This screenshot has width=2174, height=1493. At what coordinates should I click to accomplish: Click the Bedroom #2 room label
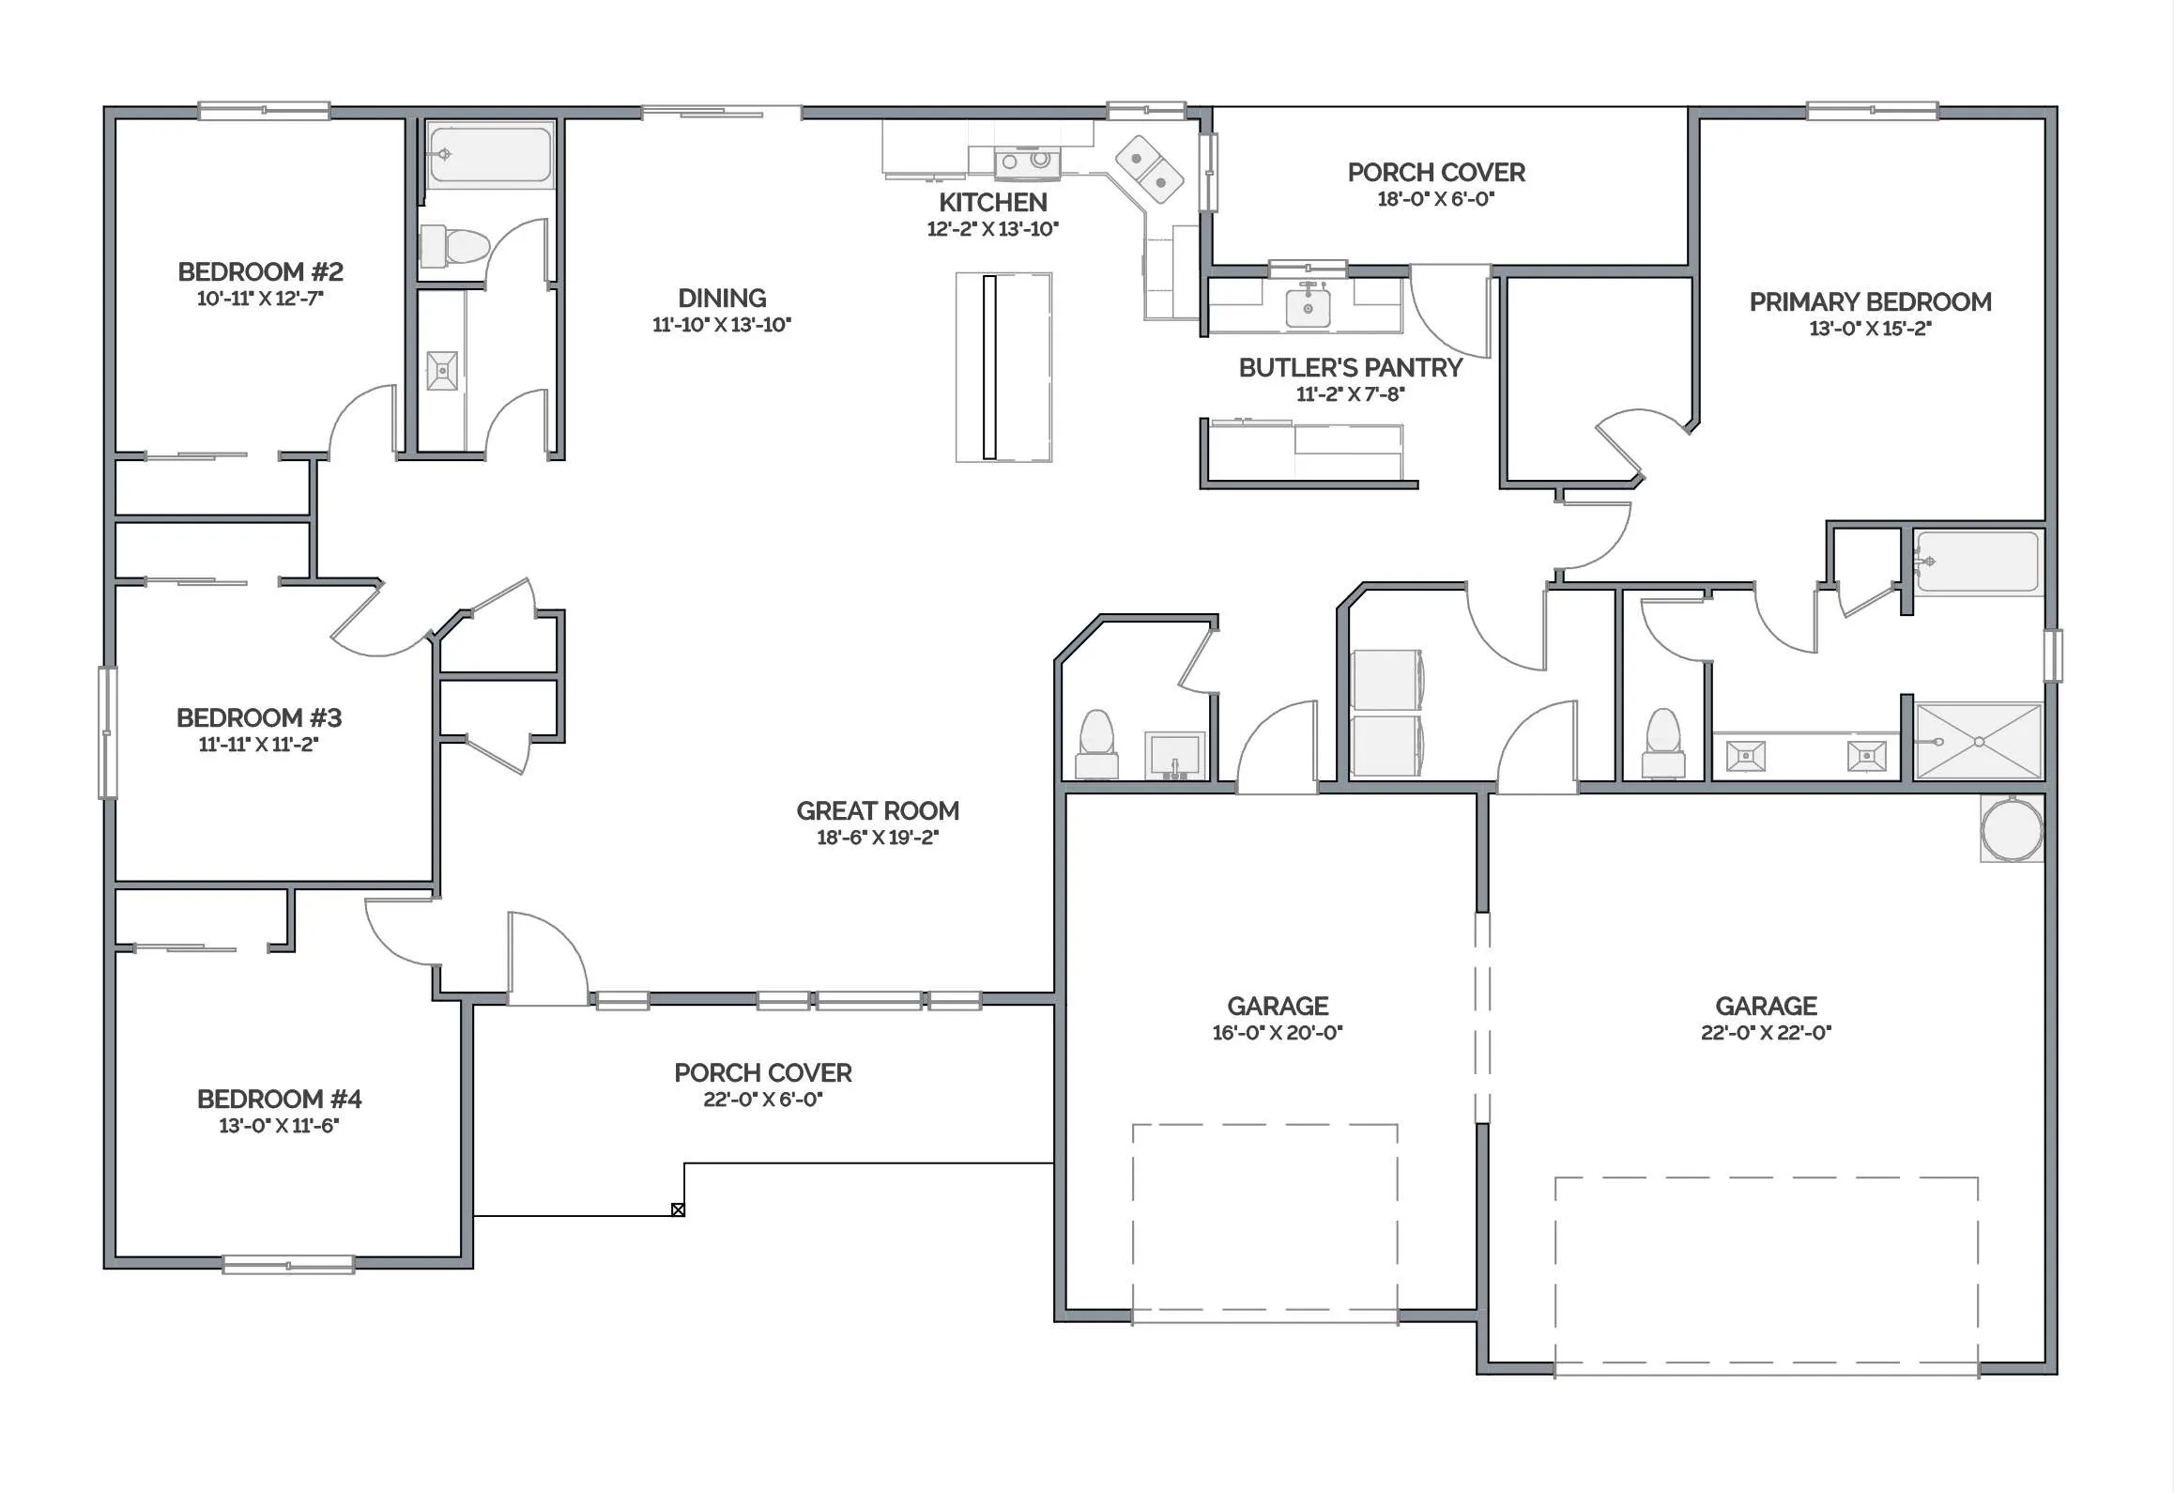point(260,272)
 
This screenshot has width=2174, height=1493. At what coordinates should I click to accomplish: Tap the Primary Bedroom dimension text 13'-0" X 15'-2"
point(1870,329)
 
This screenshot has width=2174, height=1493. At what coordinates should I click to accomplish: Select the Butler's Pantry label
point(1350,368)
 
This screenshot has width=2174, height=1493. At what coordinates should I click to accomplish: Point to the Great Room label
point(878,811)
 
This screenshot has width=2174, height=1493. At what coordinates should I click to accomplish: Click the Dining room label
point(722,299)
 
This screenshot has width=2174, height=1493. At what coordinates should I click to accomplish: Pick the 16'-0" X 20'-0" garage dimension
point(1278,1033)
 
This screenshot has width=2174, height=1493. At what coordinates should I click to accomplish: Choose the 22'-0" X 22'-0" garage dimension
point(1766,1033)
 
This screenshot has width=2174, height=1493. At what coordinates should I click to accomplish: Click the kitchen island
point(1003,367)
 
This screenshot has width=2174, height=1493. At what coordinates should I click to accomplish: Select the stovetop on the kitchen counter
point(1026,162)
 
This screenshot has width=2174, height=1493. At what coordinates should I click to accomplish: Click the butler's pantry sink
point(1308,306)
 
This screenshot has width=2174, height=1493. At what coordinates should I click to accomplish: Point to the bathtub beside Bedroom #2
point(490,154)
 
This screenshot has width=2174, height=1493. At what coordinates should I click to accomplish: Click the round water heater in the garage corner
point(2012,829)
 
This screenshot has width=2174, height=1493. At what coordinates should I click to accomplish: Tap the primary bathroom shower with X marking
point(1979,742)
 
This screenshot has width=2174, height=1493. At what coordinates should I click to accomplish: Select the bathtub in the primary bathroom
point(1977,562)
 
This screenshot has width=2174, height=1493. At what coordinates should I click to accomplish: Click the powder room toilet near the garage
point(1096,745)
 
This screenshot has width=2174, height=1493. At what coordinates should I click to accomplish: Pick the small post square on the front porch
point(678,1209)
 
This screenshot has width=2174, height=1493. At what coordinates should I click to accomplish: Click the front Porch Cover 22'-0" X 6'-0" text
point(763,1085)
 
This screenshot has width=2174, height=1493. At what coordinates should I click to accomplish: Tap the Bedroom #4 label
point(279,1100)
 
